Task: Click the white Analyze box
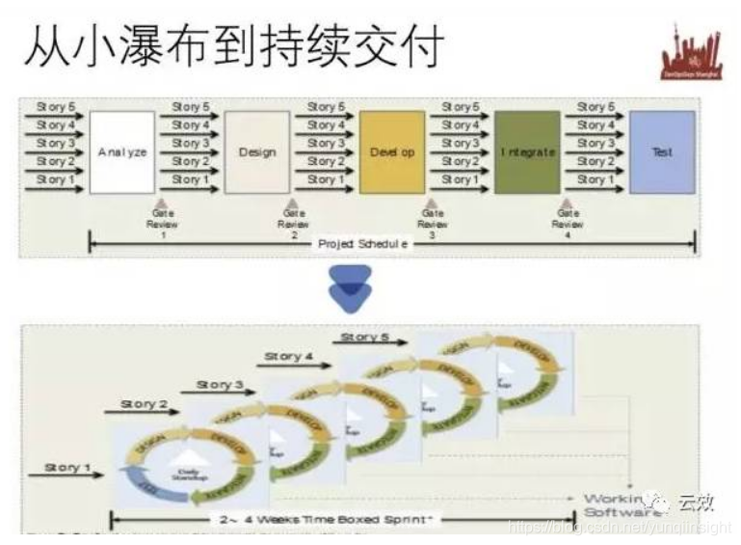coord(122,152)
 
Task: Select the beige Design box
coord(257,152)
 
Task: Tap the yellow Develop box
coord(392,152)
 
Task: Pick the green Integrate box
coord(527,152)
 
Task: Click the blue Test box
coord(662,152)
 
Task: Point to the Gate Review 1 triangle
coord(159,200)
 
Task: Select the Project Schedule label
coord(364,244)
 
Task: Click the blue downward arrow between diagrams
coord(349,288)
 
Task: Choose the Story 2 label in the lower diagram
coord(144,403)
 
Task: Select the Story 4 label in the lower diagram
coord(289,356)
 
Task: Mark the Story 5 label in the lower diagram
coord(365,337)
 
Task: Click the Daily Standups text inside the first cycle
coord(192,475)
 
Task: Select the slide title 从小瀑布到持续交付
coord(231,44)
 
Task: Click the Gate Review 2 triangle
coord(293,200)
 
